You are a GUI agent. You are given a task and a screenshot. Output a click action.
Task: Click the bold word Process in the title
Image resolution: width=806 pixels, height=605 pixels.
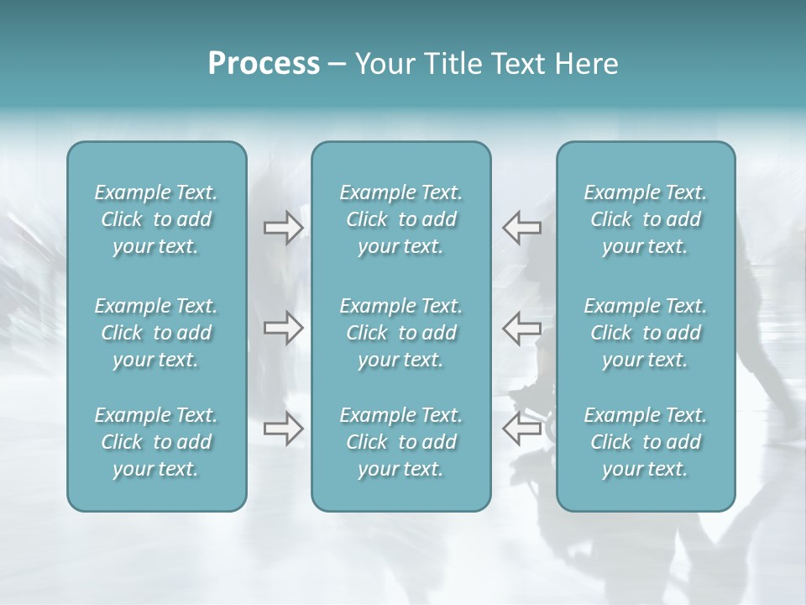(x=264, y=64)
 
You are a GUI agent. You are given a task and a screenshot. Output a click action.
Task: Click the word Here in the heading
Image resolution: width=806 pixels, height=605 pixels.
(x=587, y=64)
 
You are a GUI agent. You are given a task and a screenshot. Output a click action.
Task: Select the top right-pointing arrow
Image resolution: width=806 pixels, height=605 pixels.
(x=283, y=228)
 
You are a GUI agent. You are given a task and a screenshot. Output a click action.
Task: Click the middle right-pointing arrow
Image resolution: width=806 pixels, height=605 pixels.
(x=283, y=328)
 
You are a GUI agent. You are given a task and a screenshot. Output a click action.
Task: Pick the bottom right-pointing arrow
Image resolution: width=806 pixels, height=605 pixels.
(x=283, y=429)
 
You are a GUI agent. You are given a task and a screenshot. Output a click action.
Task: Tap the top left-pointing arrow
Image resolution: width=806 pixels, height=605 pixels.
(x=521, y=228)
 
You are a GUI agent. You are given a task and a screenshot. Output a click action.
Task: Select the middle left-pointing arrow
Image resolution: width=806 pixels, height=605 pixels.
(x=521, y=328)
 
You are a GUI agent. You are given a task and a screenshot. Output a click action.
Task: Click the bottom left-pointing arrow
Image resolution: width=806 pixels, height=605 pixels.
(x=521, y=429)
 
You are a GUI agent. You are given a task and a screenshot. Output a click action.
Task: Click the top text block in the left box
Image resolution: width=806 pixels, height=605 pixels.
(x=156, y=219)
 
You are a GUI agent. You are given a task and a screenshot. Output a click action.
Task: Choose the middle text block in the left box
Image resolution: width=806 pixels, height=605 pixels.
(x=156, y=332)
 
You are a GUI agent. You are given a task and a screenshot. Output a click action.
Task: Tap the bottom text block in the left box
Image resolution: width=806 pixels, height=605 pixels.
(x=156, y=442)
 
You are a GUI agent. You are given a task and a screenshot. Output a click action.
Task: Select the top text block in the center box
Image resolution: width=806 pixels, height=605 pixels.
(x=400, y=219)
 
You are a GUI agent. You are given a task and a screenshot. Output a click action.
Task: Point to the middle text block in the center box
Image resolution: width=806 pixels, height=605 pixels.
(x=400, y=332)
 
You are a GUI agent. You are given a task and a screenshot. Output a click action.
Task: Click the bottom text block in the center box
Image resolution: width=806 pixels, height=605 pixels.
(x=400, y=442)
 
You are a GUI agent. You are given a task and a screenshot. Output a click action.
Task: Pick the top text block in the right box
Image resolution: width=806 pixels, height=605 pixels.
(x=645, y=219)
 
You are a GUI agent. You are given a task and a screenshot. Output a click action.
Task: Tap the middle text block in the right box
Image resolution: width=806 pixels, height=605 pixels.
(x=645, y=332)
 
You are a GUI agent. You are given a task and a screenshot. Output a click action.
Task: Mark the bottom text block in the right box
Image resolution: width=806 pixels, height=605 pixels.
(x=645, y=442)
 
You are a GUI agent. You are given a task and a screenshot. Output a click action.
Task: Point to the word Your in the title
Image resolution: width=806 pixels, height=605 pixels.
(x=383, y=64)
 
